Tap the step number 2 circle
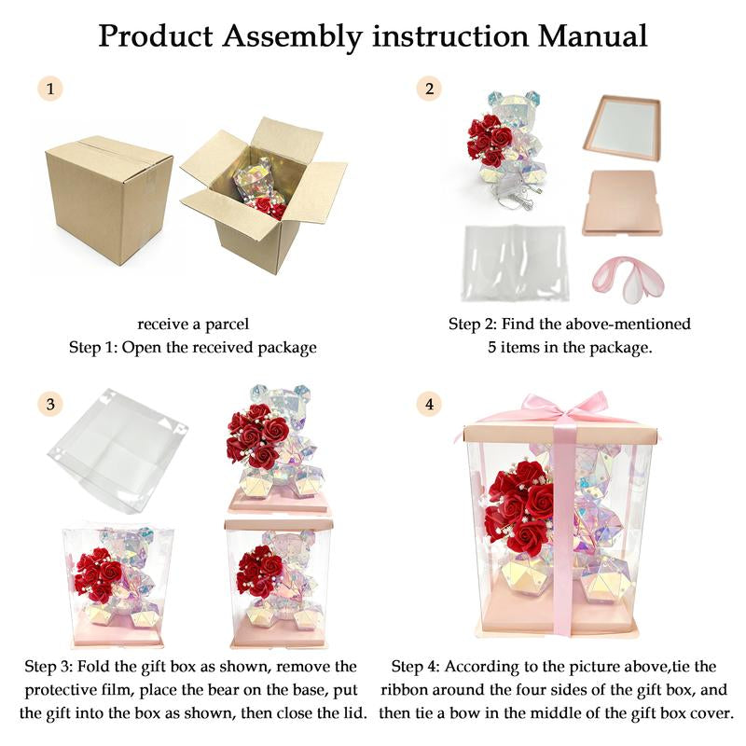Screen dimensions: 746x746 click(428, 90)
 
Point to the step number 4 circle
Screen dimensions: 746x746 click(428, 404)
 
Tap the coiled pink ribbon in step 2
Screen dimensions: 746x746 click(625, 279)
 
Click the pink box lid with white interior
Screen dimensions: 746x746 click(623, 124)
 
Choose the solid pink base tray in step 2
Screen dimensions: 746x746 click(623, 201)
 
